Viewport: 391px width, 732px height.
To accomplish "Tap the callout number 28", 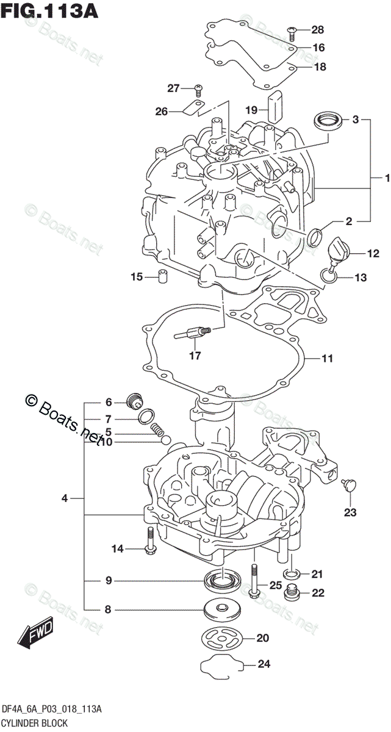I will click(x=318, y=29).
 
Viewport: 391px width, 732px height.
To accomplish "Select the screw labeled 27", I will click(x=198, y=90).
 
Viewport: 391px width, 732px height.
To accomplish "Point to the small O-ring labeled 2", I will click(x=315, y=237).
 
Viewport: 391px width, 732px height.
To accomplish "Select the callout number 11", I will click(x=328, y=358).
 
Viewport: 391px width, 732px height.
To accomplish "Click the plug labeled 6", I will click(x=134, y=401).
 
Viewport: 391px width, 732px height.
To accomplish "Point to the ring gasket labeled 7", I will click(x=146, y=418).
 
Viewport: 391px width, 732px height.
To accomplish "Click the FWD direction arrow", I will click(x=37, y=632).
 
